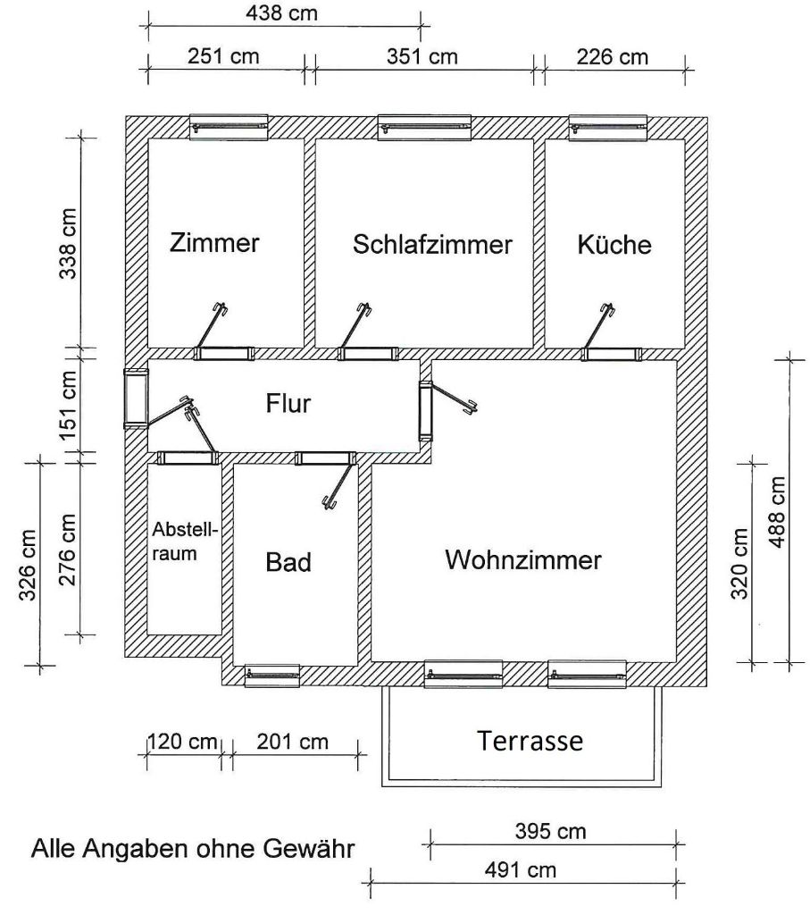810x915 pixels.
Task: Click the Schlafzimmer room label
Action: pyautogui.click(x=432, y=244)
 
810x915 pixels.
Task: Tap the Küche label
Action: pyautogui.click(x=614, y=244)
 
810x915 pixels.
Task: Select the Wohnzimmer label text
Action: pyautogui.click(x=523, y=561)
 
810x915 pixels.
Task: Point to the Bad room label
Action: pyautogui.click(x=288, y=563)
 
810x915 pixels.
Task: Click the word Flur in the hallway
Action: pyautogui.click(x=288, y=403)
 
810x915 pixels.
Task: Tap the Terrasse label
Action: pyautogui.click(x=530, y=741)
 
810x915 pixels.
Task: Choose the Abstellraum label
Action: pyautogui.click(x=184, y=541)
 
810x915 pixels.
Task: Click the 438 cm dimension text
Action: pyautogui.click(x=281, y=13)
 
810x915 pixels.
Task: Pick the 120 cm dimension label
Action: pyautogui.click(x=182, y=742)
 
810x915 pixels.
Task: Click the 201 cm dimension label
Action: pyautogui.click(x=292, y=742)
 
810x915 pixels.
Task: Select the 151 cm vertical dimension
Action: pyautogui.click(x=68, y=401)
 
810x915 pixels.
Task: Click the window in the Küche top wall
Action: pyautogui.click(x=608, y=128)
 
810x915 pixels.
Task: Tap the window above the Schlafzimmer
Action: pyautogui.click(x=424, y=128)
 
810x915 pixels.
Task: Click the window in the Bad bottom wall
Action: pyautogui.click(x=272, y=675)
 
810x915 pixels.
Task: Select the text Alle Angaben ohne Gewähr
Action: pyautogui.click(x=193, y=848)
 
